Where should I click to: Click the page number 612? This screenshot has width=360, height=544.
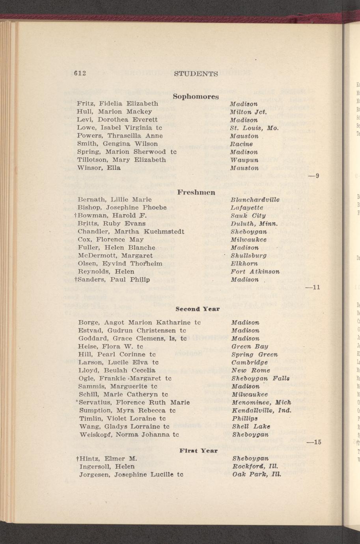point(80,73)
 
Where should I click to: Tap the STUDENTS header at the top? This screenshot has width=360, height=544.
point(196,74)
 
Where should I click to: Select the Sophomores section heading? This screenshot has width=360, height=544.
point(195,96)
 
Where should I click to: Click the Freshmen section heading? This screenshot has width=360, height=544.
point(196,192)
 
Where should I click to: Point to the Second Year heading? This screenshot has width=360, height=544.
point(197,309)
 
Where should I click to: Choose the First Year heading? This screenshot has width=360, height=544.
point(198,450)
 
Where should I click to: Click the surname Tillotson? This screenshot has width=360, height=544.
point(93,160)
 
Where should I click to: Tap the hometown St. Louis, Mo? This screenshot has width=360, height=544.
point(254,128)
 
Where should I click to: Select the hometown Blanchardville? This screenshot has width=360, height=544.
point(255,200)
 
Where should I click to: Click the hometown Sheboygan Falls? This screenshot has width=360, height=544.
point(260,378)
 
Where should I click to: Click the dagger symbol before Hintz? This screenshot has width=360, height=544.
point(77,459)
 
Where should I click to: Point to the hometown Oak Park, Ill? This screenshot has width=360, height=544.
point(256,475)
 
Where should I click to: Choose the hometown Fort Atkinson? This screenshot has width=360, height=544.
point(255,272)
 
